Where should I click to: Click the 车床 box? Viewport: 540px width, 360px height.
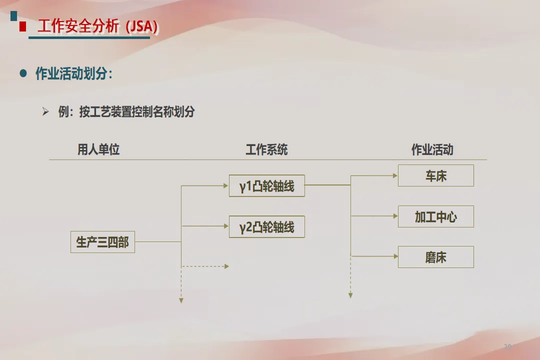[x=435, y=175]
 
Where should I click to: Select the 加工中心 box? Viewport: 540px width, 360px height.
[x=435, y=216]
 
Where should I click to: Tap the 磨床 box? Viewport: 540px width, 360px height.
[x=435, y=257]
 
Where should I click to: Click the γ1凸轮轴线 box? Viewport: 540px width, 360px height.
[x=266, y=185]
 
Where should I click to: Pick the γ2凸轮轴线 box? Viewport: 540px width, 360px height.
[x=266, y=226]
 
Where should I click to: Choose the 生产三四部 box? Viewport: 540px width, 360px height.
[x=102, y=242]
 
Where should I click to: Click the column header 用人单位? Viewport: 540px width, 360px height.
[x=98, y=149]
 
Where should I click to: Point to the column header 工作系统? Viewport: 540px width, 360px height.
[x=266, y=149]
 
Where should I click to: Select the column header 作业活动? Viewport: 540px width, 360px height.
[x=432, y=149]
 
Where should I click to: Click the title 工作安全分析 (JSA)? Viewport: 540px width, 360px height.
[x=98, y=26]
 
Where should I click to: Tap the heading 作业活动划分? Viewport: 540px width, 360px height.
[x=74, y=74]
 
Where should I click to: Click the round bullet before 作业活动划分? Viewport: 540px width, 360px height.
[x=23, y=73]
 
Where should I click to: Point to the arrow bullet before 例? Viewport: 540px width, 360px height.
[x=46, y=111]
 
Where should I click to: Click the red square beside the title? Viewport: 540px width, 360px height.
[x=22, y=27]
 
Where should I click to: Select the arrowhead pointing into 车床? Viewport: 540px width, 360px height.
[x=395, y=175]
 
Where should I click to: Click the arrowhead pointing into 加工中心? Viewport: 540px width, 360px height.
[x=395, y=216]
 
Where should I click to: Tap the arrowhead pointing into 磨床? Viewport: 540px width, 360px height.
[x=395, y=256]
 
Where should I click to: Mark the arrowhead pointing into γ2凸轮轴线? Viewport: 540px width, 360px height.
[x=225, y=226]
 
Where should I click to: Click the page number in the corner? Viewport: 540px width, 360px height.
[x=507, y=346]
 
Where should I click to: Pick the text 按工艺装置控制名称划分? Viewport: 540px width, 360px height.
[x=136, y=112]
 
